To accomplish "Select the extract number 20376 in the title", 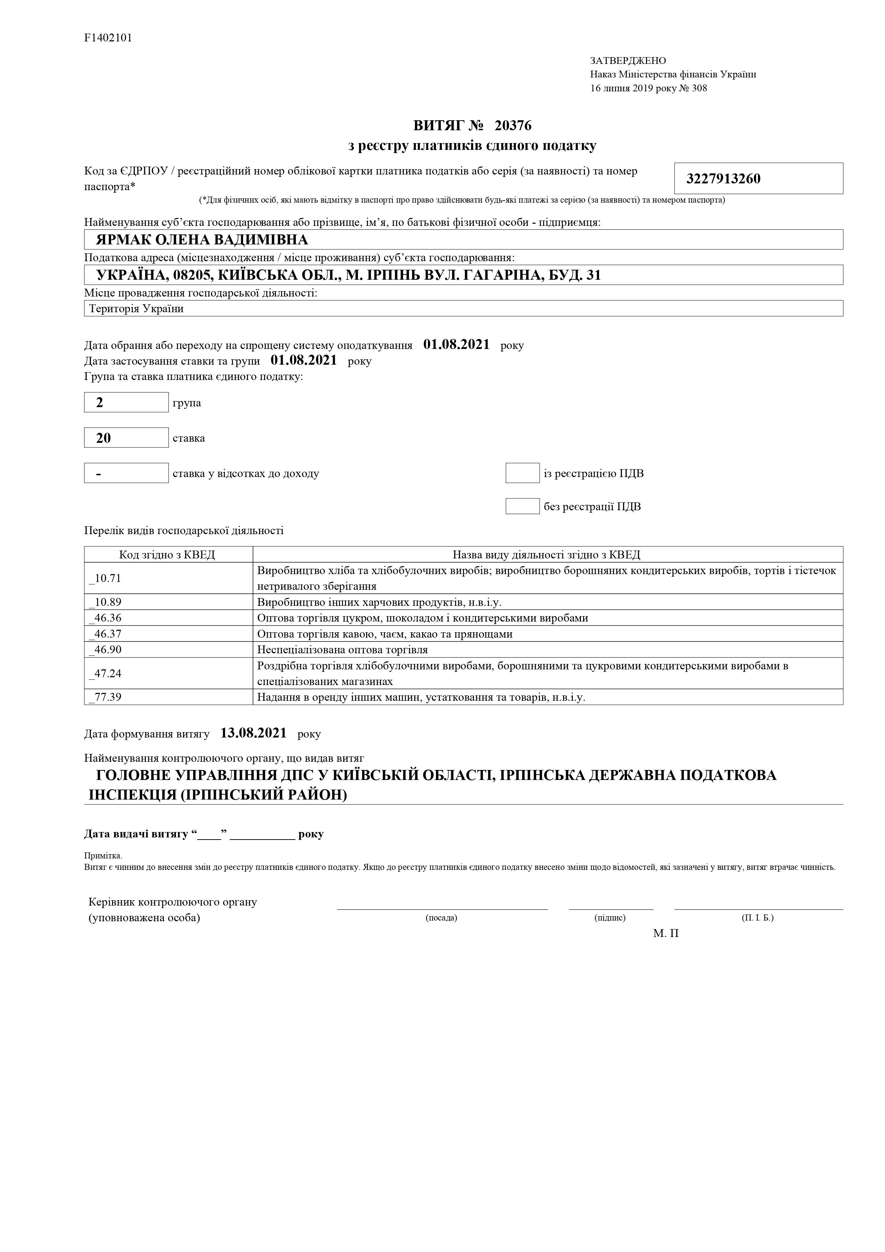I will [x=512, y=126].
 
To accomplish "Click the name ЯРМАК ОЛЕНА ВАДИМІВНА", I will [x=202, y=240].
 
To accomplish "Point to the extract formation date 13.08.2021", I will [x=254, y=734].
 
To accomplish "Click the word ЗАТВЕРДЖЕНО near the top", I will [x=628, y=61].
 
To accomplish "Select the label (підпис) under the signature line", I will [x=610, y=918].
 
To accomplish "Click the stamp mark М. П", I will [x=666, y=933].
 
